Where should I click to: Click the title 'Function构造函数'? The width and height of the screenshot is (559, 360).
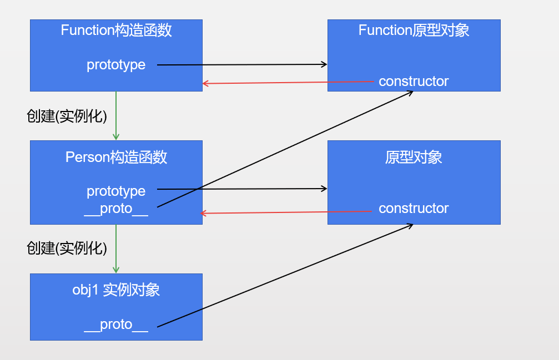116,31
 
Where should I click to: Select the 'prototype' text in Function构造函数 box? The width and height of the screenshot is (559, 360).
116,65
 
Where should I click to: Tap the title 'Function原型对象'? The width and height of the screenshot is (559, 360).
414,31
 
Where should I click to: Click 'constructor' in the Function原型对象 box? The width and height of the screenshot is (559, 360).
414,82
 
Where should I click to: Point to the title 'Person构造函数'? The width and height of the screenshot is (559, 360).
116,158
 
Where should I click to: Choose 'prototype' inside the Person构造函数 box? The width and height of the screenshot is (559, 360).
116,191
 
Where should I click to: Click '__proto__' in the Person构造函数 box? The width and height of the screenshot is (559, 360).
116,209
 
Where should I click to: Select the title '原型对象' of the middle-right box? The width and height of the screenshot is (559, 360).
414,158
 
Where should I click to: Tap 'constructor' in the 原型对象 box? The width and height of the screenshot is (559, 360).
414,209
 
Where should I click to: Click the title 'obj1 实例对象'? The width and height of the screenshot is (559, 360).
116,290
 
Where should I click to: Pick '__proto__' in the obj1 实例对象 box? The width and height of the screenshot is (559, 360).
116,324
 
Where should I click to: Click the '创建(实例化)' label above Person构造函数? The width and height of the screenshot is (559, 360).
67,116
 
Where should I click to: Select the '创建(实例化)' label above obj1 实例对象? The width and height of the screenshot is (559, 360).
67,248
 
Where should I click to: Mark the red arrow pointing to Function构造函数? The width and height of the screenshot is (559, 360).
289,83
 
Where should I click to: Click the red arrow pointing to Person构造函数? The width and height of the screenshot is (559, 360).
286,212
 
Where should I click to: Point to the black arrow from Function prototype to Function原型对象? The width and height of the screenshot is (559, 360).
241,65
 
